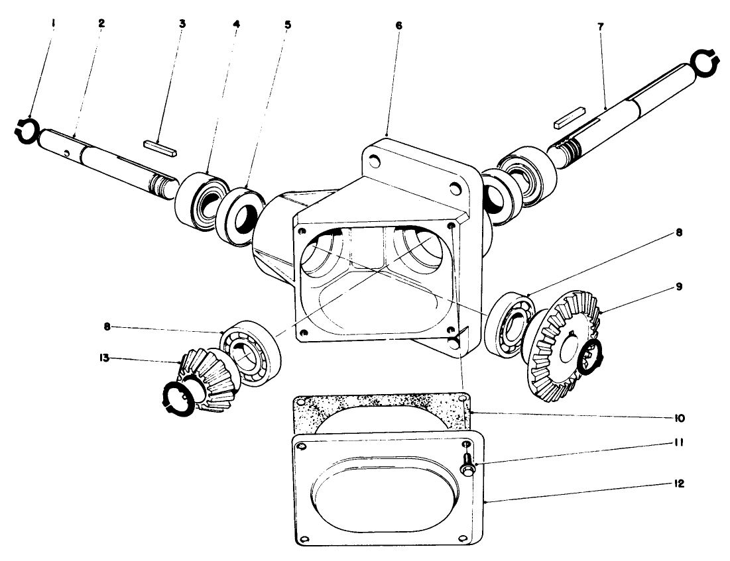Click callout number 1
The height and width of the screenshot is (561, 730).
tap(54, 23)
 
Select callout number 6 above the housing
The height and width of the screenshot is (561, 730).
tap(398, 25)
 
